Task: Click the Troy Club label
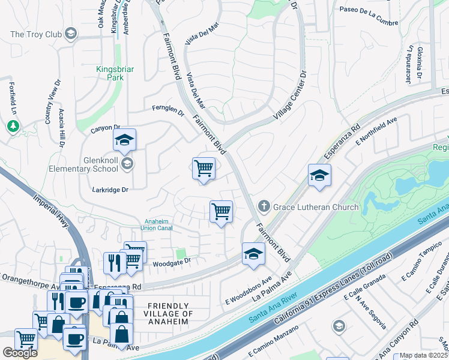[36, 34]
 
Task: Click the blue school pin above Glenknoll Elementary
[124, 140]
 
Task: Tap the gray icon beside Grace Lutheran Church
[264, 207]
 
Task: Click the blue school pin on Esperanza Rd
[319, 176]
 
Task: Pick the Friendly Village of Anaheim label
[169, 314]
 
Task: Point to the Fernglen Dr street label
[166, 109]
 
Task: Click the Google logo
[20, 353]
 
